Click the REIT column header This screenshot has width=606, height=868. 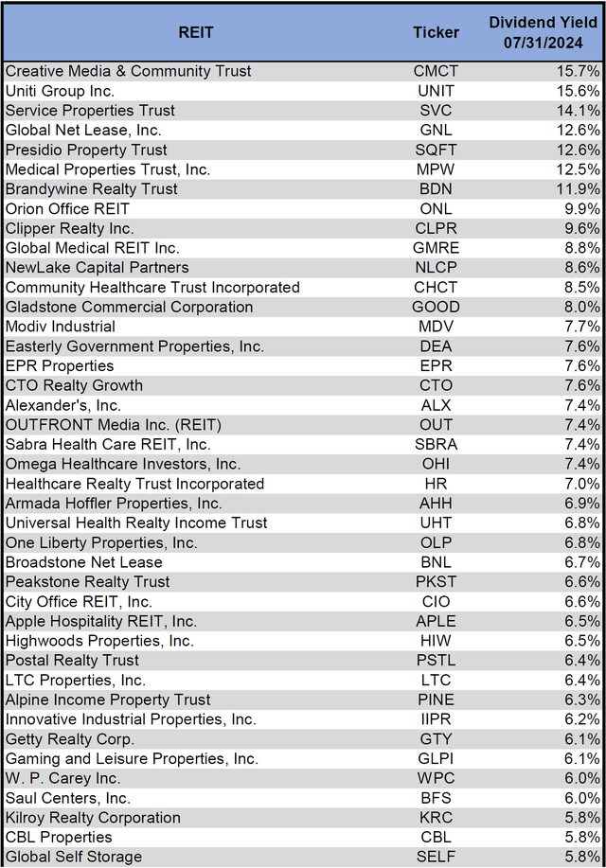click(196, 32)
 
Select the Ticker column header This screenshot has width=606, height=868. click(436, 32)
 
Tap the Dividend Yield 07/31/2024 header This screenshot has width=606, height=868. click(543, 32)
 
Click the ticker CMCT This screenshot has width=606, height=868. click(436, 71)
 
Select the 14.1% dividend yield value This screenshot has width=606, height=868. click(579, 111)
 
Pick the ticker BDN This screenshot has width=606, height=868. click(436, 189)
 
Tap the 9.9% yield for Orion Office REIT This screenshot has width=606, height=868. click(581, 208)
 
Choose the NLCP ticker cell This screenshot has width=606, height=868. click(436, 268)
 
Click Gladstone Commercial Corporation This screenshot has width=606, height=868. click(130, 307)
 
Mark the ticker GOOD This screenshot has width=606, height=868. click(436, 307)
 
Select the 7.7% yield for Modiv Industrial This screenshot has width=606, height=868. click(581, 327)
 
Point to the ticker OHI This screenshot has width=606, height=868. click(436, 464)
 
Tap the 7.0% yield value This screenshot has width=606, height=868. click(581, 484)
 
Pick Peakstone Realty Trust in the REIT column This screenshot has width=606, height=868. click(88, 582)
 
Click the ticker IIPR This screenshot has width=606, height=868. click(436, 719)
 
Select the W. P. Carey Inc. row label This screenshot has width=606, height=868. click(62, 778)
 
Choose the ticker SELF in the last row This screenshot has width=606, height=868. click(436, 857)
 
